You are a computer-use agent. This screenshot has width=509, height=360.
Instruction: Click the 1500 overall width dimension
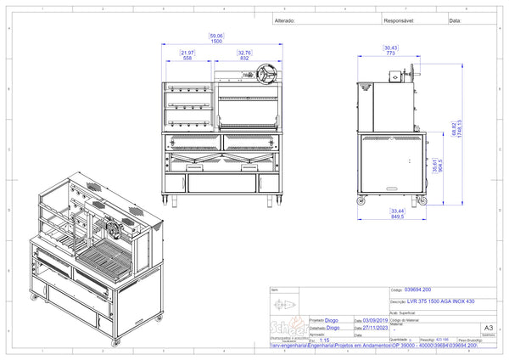point(216,41)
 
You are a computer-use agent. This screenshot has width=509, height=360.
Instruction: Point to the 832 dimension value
point(244,57)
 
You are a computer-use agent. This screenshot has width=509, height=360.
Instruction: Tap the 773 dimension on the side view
point(391,53)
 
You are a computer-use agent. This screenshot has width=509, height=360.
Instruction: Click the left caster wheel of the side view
point(362,200)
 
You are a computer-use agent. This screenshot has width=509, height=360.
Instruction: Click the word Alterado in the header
point(285,20)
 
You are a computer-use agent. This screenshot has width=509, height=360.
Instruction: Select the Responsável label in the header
point(398,20)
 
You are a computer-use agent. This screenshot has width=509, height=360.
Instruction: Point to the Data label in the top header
point(455,20)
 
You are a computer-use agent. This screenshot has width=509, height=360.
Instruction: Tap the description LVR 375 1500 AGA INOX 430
point(433,301)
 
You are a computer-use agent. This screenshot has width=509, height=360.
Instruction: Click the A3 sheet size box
point(487,327)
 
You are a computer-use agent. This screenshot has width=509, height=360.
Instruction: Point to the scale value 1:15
point(326,340)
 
